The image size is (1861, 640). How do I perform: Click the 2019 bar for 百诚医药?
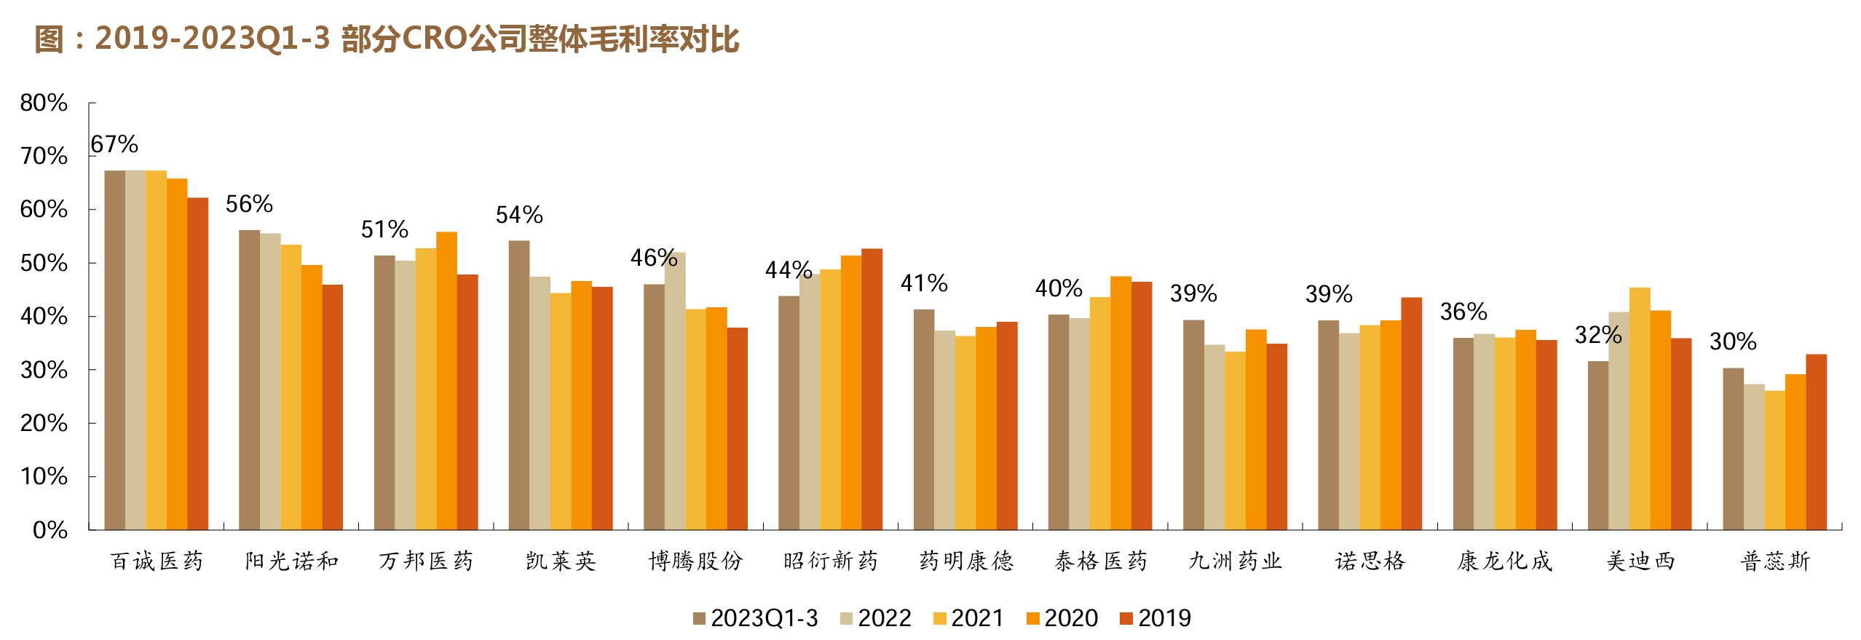tap(197, 363)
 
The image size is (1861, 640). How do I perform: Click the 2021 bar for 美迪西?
tap(1640, 408)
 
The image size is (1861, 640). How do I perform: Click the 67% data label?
tap(114, 144)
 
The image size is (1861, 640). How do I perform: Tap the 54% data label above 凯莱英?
tap(519, 215)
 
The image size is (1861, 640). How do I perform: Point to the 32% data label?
tap(1598, 335)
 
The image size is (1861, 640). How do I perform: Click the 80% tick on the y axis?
tap(44, 103)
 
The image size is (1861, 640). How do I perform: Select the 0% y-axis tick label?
tap(50, 529)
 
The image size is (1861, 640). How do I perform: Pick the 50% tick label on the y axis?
tap(44, 263)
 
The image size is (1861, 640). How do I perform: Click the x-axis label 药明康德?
tap(965, 561)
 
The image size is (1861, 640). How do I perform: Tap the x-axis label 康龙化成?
tap(1504, 561)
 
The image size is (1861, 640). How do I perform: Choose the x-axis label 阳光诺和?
tap(291, 561)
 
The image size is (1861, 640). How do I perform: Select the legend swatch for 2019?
tap(1126, 619)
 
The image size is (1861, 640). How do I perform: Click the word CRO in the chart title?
tap(435, 39)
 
